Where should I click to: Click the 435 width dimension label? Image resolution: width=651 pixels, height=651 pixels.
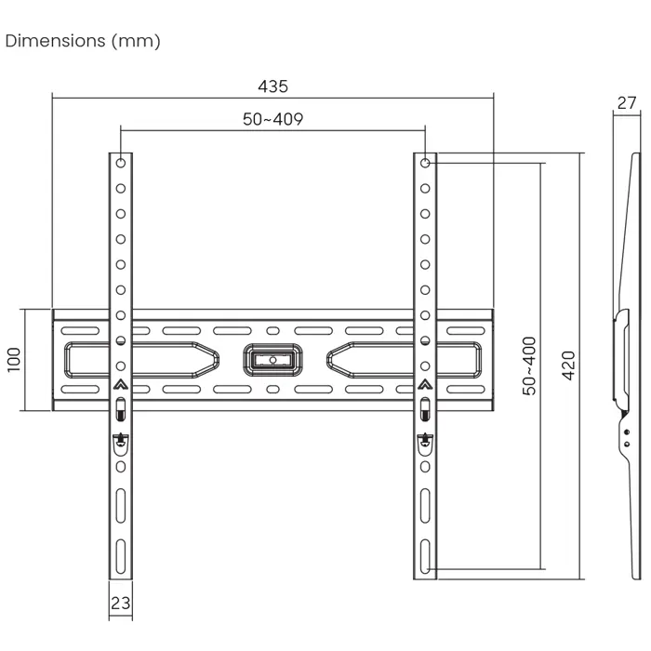coord(272,86)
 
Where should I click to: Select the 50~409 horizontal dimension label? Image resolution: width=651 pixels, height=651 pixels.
coord(272,119)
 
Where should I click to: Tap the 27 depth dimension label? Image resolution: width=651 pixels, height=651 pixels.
coord(627,103)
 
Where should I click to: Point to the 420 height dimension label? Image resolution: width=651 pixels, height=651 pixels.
coord(569,365)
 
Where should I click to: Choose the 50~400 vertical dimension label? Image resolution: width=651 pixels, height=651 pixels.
coord(529,366)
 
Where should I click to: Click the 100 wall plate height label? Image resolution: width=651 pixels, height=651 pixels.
coord(14,360)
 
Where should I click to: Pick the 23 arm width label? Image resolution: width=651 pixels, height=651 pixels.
coord(120,603)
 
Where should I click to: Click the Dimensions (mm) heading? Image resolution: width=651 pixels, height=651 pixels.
coord(83,41)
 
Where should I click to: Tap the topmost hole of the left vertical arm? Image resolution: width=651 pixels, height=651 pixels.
coord(120,163)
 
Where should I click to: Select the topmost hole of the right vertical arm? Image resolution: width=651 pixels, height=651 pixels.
coord(425,163)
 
